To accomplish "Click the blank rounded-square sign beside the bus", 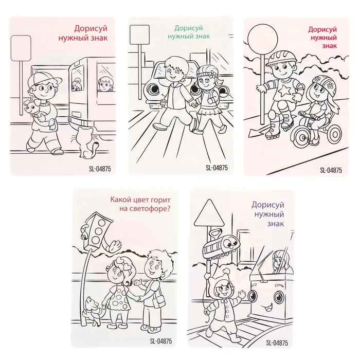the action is click(x=21, y=48).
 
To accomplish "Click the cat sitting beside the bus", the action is click(x=86, y=143).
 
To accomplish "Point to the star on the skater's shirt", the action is click(x=284, y=90).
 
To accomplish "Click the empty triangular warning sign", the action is click(x=209, y=214).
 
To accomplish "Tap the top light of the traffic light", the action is click(x=102, y=223).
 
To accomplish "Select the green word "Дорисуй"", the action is click(x=189, y=28).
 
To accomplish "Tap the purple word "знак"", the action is click(x=276, y=224).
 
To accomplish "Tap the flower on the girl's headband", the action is click(x=213, y=74).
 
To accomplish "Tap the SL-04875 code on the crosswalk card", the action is click(x=217, y=168).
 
